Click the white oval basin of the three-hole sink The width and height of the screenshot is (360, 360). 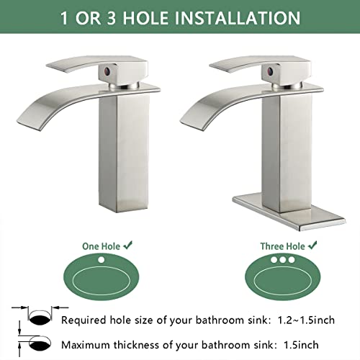(x=281, y=279)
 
